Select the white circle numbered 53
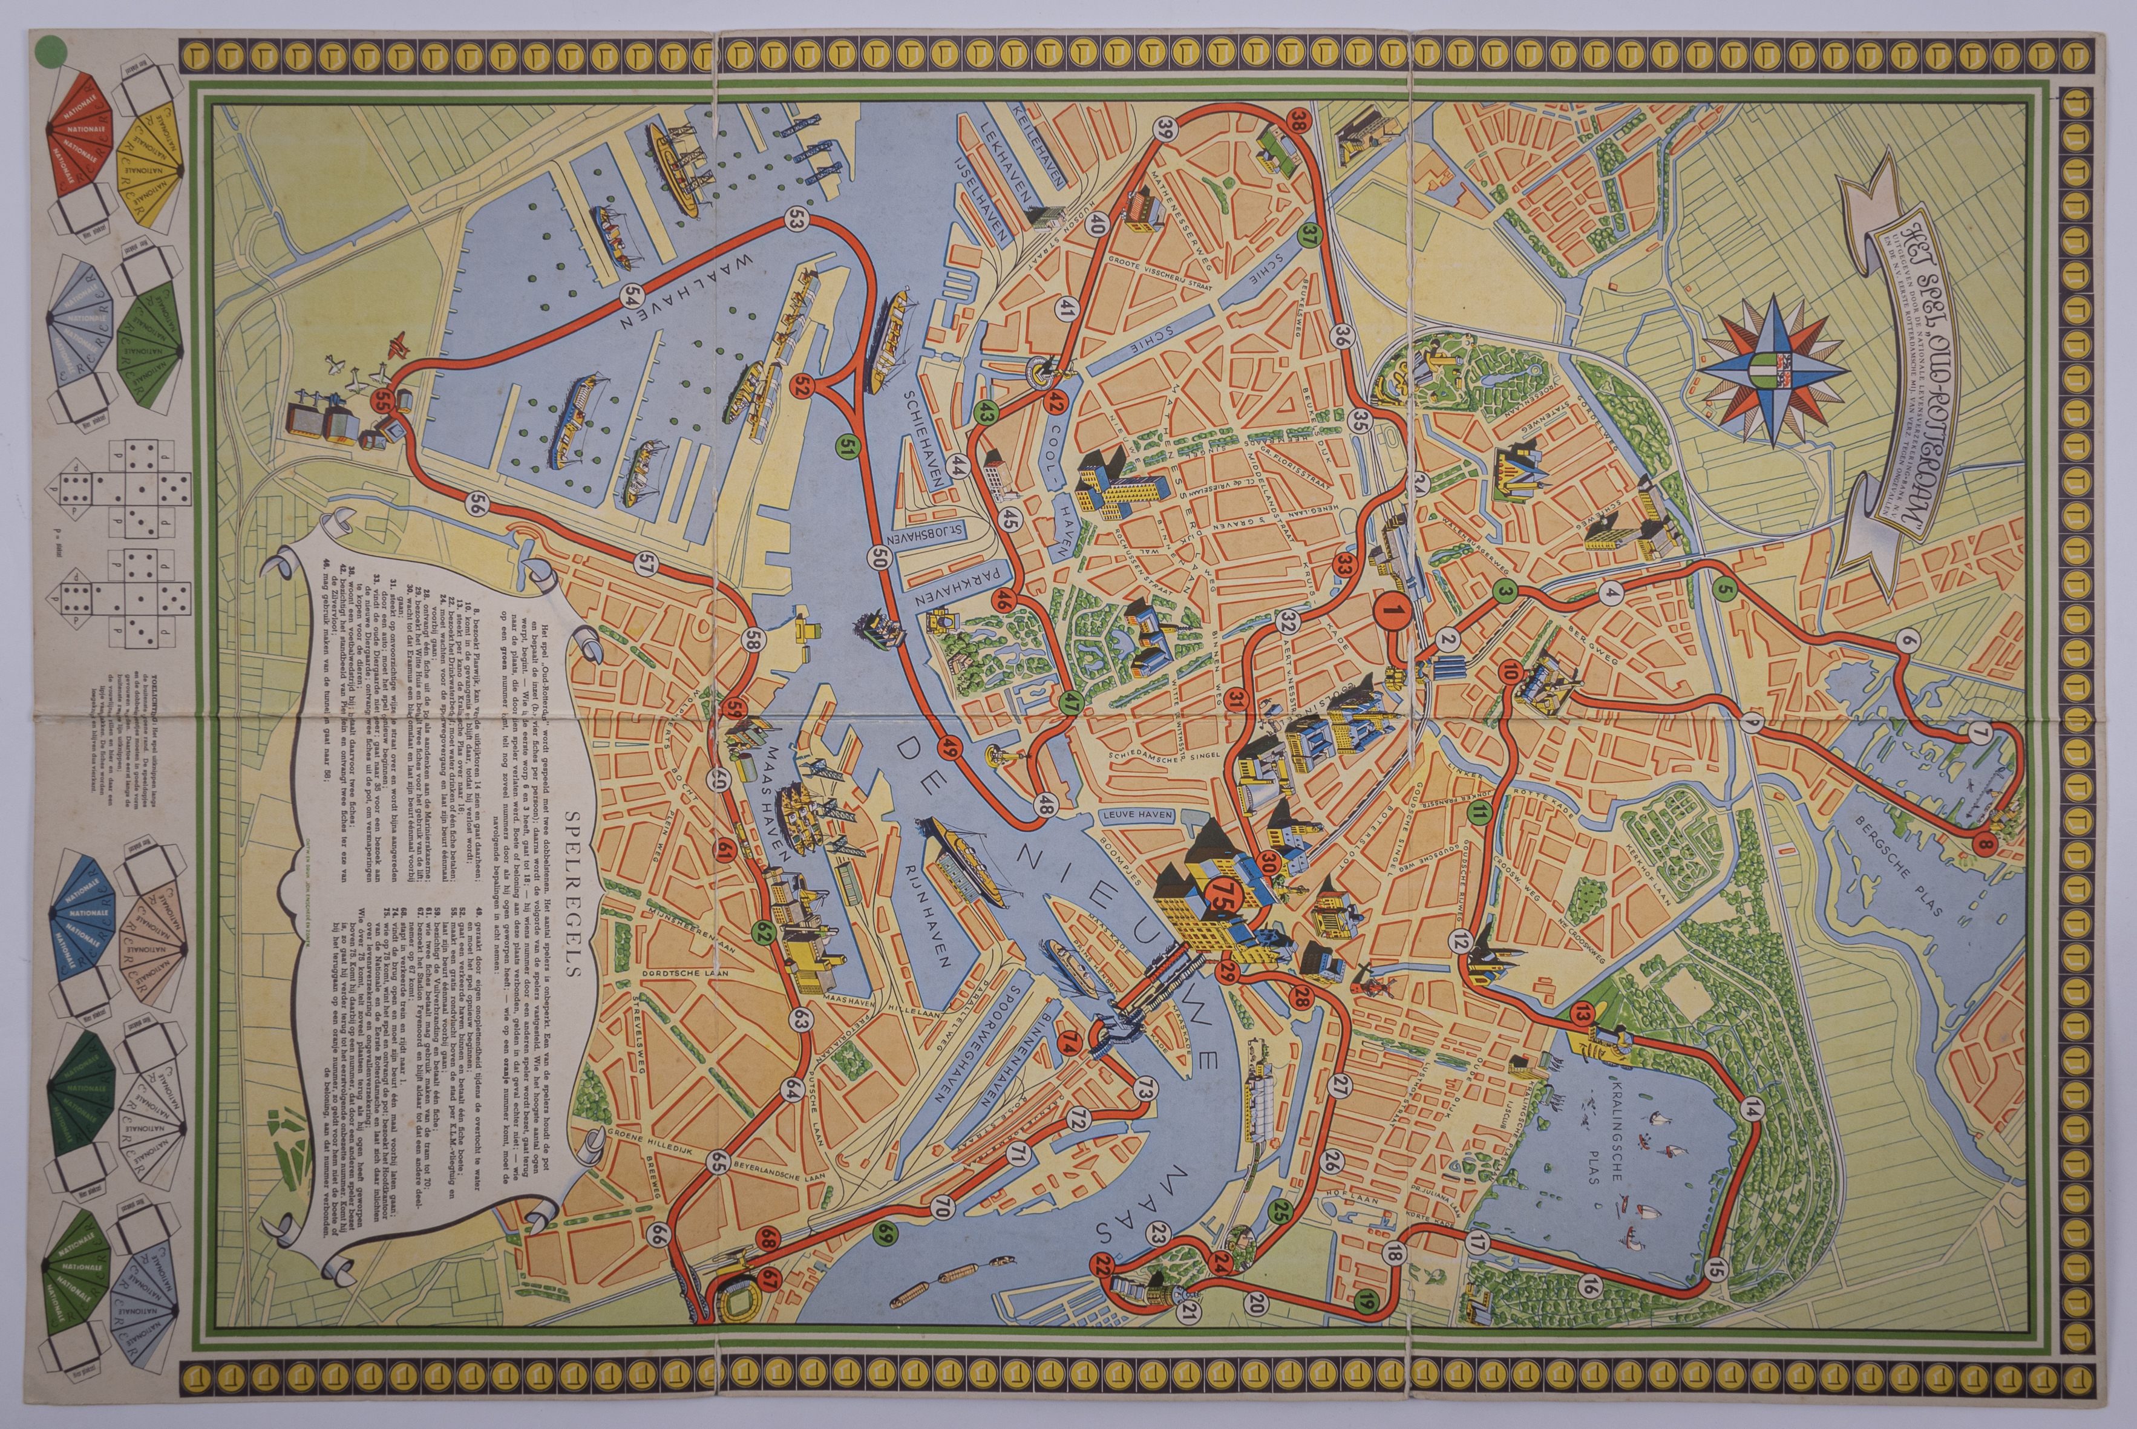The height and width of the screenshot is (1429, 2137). pyautogui.click(x=797, y=219)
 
